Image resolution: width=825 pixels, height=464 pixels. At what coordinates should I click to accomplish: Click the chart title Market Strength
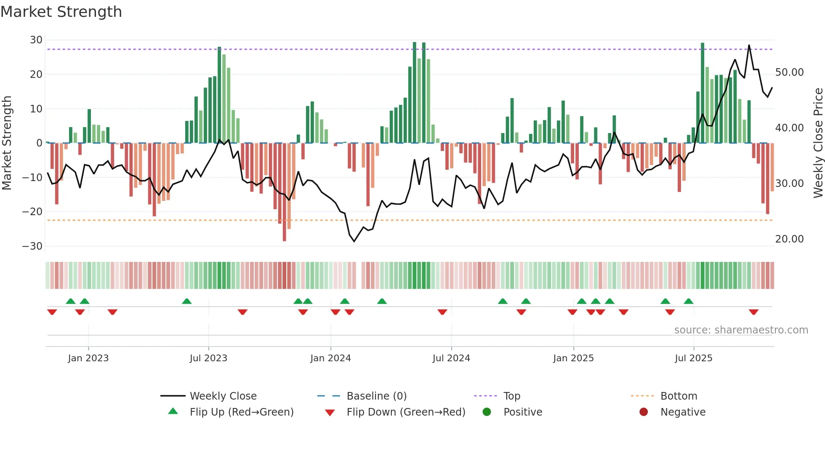pyautogui.click(x=61, y=12)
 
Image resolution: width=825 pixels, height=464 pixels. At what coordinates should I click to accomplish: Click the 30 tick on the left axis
pyautogui.click(x=36, y=40)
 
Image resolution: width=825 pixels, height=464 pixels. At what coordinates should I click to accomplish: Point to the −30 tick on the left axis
pyautogui.click(x=32, y=246)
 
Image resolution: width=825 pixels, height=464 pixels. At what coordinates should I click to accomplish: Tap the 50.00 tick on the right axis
pyautogui.click(x=789, y=72)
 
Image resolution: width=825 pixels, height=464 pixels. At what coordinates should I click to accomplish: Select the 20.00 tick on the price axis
pyautogui.click(x=789, y=239)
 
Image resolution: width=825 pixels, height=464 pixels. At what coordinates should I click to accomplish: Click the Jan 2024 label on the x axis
pyautogui.click(x=330, y=358)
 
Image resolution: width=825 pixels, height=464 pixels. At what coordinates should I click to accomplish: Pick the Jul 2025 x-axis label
pyautogui.click(x=693, y=358)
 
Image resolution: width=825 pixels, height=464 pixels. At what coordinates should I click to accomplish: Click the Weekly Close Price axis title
pyautogui.click(x=818, y=143)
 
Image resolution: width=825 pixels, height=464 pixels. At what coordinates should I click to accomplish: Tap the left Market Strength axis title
pyautogui.click(x=7, y=143)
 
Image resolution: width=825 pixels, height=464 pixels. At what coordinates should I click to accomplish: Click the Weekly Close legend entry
pyautogui.click(x=223, y=396)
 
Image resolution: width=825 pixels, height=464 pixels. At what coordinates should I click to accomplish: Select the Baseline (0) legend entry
pyautogui.click(x=376, y=396)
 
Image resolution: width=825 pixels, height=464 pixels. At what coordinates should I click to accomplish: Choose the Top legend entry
pyautogui.click(x=511, y=396)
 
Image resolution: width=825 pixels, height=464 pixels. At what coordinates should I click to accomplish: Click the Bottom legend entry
pyautogui.click(x=679, y=396)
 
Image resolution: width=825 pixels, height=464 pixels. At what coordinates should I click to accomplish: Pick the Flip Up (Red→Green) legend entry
pyautogui.click(x=241, y=412)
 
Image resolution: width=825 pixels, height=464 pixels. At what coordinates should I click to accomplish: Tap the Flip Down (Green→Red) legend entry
pyautogui.click(x=406, y=412)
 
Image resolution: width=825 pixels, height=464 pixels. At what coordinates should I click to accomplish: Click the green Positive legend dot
pyautogui.click(x=487, y=412)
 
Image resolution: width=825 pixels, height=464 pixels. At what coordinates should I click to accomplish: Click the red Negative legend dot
pyautogui.click(x=644, y=412)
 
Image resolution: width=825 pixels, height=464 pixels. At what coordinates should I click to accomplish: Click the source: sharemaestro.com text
pyautogui.click(x=741, y=330)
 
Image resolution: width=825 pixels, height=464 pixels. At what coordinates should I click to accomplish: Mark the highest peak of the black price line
pyautogui.click(x=749, y=45)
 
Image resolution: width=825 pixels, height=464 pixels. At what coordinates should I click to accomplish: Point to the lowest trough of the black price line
pyautogui.click(x=354, y=241)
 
